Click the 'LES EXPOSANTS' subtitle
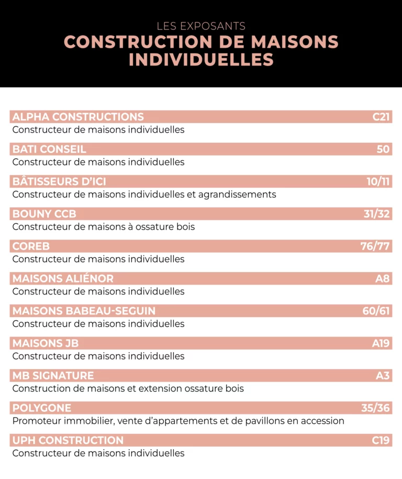click(x=201, y=26)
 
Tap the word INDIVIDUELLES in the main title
click(x=201, y=59)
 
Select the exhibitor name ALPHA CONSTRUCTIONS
click(x=78, y=117)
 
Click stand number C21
click(x=381, y=117)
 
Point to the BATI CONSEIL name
click(x=49, y=149)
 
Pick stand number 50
click(x=383, y=149)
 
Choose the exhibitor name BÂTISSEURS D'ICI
click(x=59, y=182)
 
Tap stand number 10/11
click(x=378, y=182)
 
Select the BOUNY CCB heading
click(x=44, y=214)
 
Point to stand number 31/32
click(x=377, y=214)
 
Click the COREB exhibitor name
click(x=31, y=246)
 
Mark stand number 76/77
click(x=375, y=246)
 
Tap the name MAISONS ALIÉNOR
click(x=63, y=279)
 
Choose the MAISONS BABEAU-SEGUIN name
click(x=84, y=311)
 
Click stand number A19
click(x=381, y=343)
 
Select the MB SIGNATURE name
click(x=53, y=376)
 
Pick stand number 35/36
click(x=376, y=408)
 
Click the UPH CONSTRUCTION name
click(x=68, y=440)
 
